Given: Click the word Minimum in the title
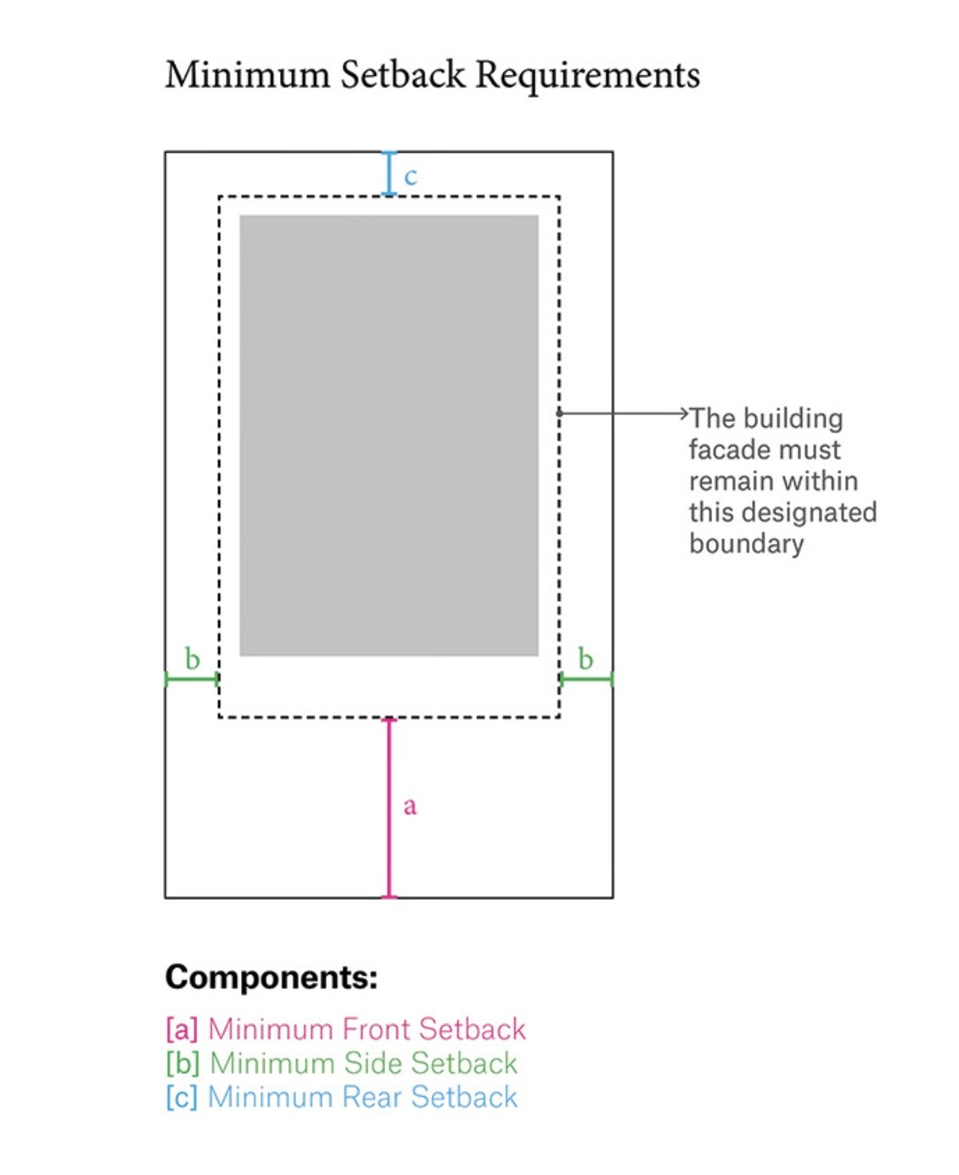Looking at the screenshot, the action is click(247, 75).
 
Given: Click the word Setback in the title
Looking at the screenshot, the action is click(403, 75).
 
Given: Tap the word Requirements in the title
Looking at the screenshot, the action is click(587, 75).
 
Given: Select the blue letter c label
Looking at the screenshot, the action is click(411, 176).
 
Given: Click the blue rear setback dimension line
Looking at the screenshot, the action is click(389, 174).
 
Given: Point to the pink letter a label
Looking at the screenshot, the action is click(410, 805).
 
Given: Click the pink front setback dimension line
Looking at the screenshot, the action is click(389, 807).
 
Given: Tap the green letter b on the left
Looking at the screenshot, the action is click(193, 659).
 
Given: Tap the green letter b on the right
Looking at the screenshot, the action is click(586, 659).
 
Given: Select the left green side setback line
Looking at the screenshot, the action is click(192, 679).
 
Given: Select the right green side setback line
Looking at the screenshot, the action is click(586, 679).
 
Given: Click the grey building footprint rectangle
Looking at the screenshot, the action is click(389, 435).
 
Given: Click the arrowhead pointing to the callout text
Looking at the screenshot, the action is click(684, 413).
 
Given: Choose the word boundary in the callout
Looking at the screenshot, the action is click(746, 543).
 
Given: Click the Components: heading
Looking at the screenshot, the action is click(271, 977).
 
